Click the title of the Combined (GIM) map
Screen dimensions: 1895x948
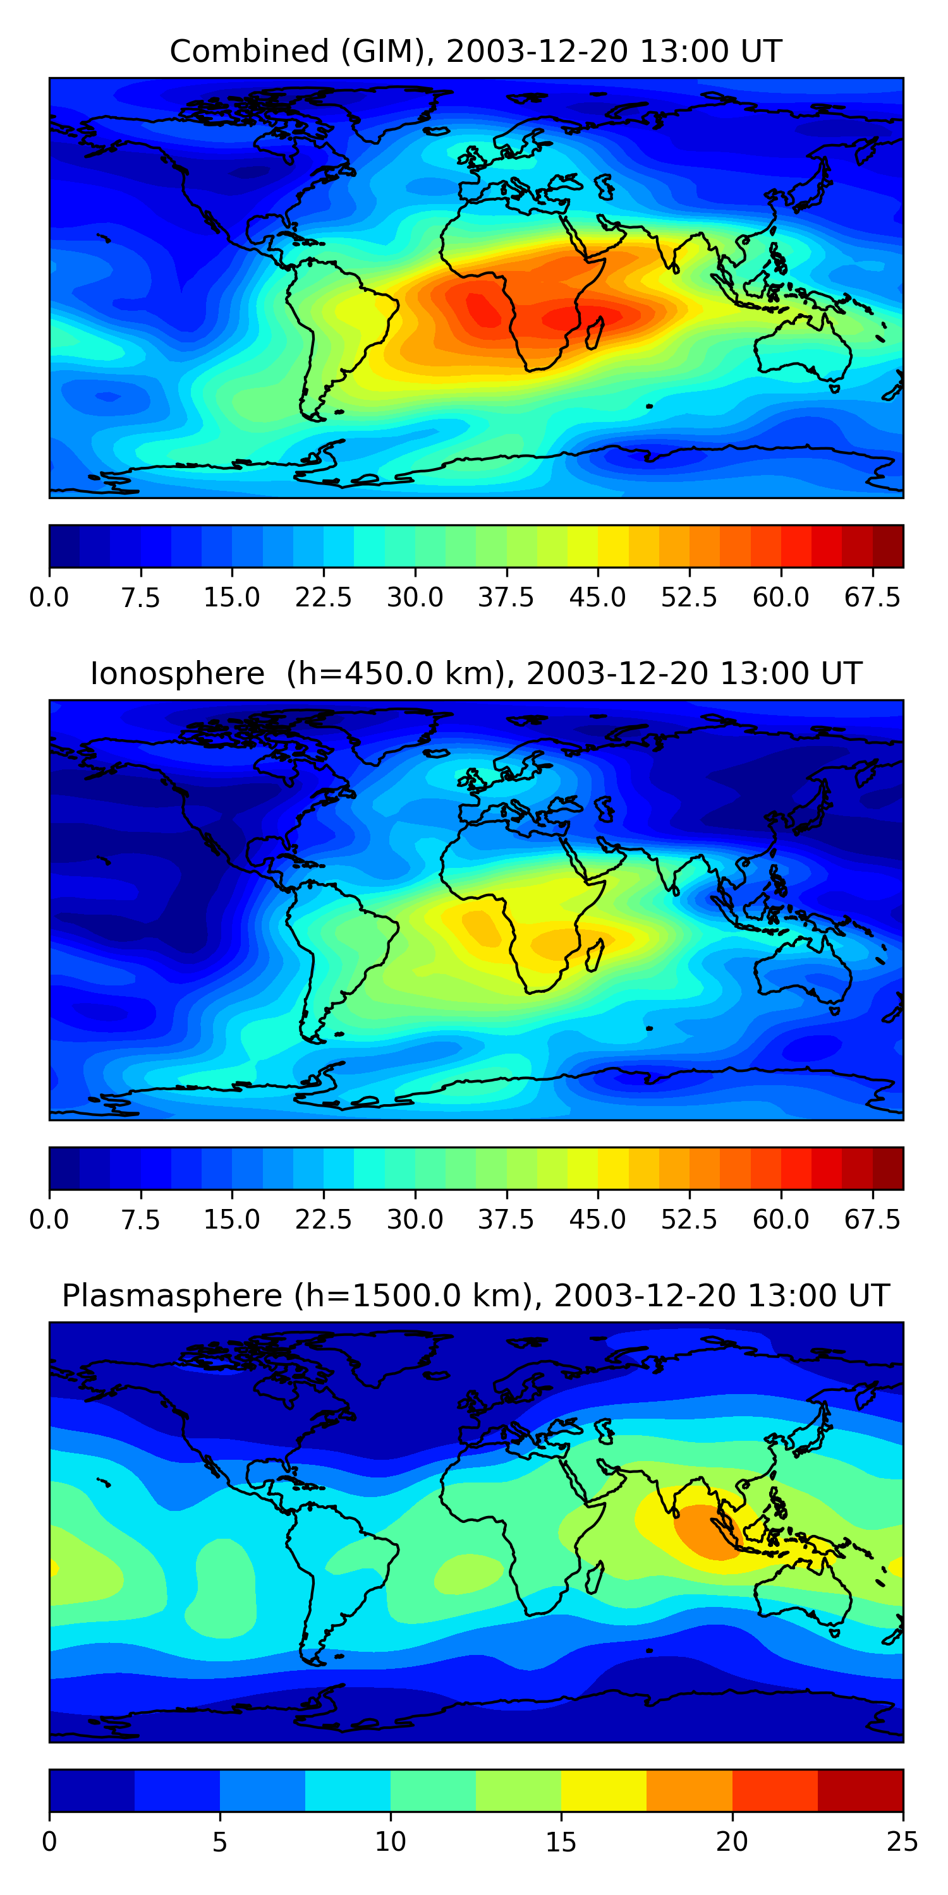[475, 52]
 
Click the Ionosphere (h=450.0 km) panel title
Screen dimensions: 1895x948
[475, 674]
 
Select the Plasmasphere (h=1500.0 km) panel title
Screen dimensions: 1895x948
[475, 1296]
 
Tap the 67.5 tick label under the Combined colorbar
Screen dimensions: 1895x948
[872, 598]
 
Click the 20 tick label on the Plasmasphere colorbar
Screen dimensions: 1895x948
[732, 1841]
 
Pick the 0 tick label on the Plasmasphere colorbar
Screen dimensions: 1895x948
[49, 1841]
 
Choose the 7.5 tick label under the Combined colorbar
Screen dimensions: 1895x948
[140, 598]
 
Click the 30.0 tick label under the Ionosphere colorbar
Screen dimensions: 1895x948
[415, 1220]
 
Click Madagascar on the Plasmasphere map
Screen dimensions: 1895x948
[595, 1576]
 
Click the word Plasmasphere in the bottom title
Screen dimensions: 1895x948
[171, 1296]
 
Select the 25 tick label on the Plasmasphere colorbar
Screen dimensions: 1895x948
[902, 1841]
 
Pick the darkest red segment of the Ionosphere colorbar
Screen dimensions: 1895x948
[888, 1168]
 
